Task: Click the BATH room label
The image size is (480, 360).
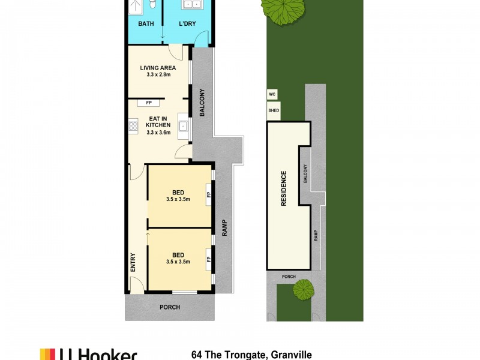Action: (x=146, y=24)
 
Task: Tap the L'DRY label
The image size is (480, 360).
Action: (x=188, y=24)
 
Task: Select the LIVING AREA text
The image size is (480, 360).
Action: (x=158, y=68)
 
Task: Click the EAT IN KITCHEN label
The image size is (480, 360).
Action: (x=159, y=121)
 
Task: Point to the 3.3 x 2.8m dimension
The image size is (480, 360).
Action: (x=158, y=76)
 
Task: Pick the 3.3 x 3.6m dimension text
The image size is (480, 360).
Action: (x=159, y=133)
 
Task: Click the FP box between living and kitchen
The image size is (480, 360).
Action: (x=149, y=103)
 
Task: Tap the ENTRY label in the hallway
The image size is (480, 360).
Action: (x=133, y=263)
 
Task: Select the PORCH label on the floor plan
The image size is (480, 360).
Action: (x=170, y=307)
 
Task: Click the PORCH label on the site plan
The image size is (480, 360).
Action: (x=289, y=277)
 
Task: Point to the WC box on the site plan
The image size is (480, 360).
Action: (x=272, y=95)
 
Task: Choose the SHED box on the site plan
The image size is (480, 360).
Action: (x=273, y=110)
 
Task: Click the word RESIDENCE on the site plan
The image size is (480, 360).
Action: (x=284, y=188)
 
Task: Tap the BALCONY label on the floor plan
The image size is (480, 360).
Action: (x=203, y=103)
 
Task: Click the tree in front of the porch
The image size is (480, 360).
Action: (x=304, y=290)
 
